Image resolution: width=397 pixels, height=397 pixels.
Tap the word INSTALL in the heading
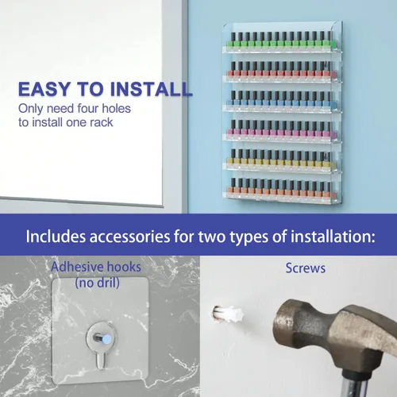pos(151,89)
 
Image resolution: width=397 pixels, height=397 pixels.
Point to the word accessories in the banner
pos(129,236)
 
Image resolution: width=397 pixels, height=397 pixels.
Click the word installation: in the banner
pos(333,236)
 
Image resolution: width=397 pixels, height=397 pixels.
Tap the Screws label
pos(306,268)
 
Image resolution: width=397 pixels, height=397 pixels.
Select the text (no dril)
pos(97,283)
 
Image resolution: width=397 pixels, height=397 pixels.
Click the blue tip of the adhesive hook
pos(107,339)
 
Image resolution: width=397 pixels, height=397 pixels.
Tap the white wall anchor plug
pos(228,314)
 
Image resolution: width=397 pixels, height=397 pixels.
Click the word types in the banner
pos(249,237)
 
